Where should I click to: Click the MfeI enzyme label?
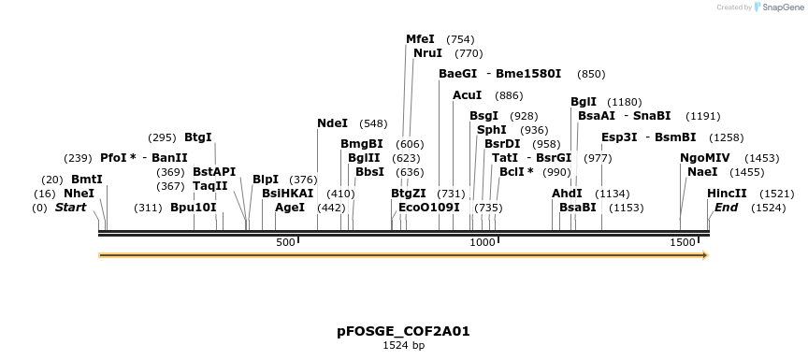420,39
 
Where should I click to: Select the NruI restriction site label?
427,53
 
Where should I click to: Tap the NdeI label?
332,122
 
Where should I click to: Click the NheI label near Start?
79,194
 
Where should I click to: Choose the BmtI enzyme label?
86,179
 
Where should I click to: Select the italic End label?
727,208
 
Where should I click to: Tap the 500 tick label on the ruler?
285,243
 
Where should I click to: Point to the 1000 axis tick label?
482,243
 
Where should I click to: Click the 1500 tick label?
682,243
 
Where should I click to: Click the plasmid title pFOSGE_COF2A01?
403,331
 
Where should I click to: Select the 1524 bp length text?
403,345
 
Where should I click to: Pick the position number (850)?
591,74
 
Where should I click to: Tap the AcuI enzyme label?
467,95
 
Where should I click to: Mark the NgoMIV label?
704,158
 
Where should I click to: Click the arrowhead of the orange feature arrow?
704,254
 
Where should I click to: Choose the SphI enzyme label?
491,130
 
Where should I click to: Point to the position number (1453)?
761,159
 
